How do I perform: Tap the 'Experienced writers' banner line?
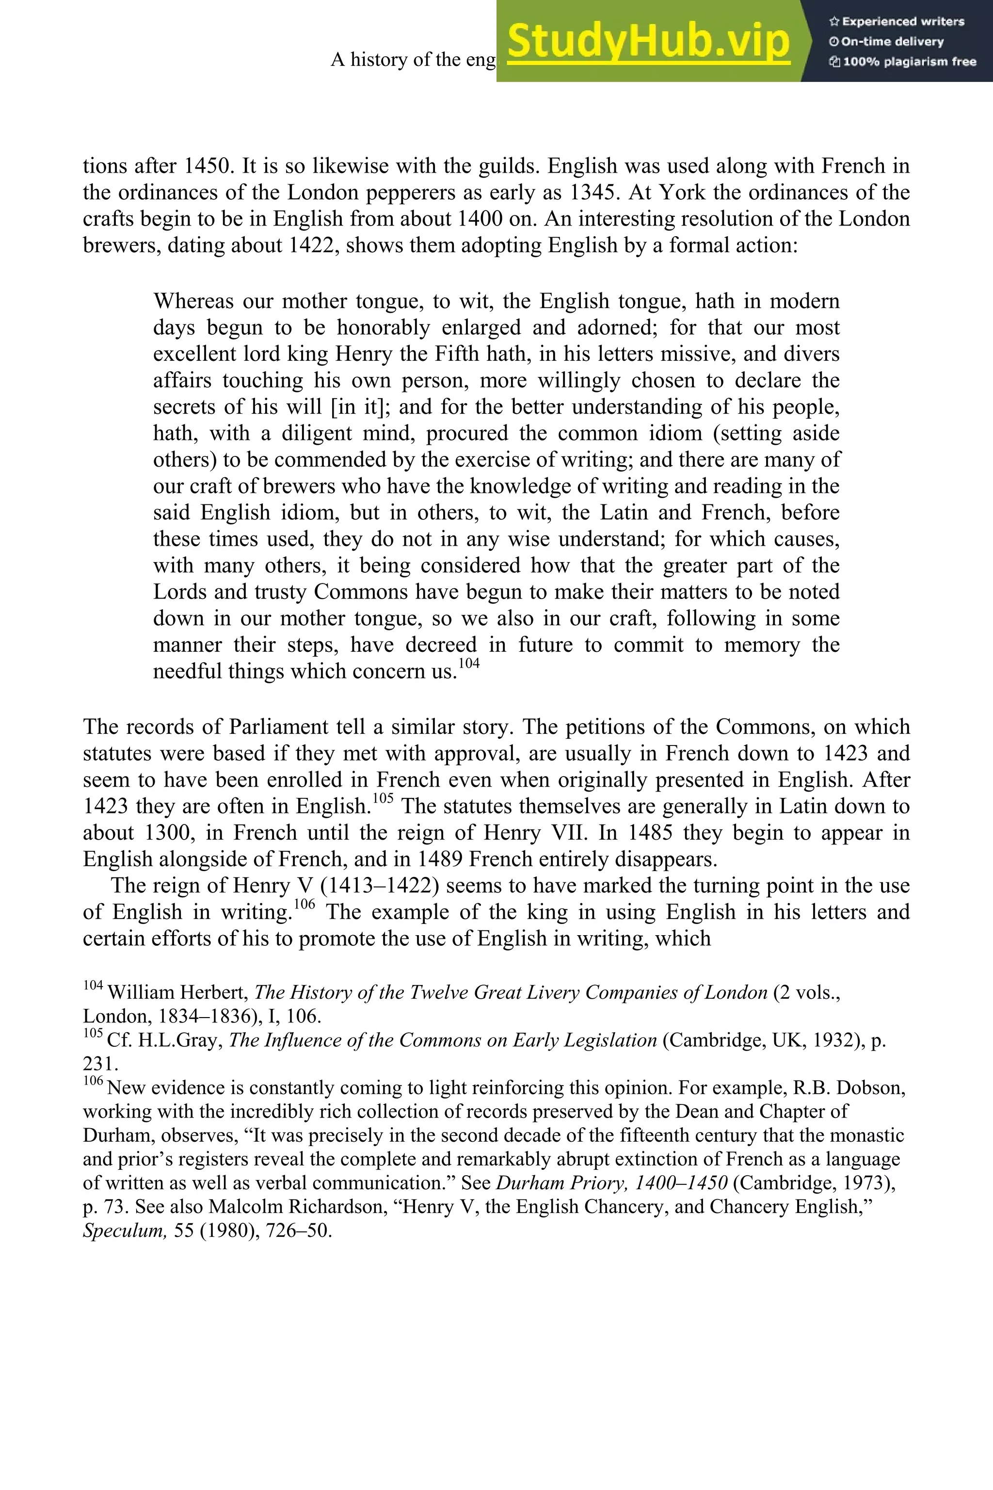point(897,21)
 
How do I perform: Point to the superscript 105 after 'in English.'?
point(383,798)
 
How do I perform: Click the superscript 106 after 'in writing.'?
point(304,904)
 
